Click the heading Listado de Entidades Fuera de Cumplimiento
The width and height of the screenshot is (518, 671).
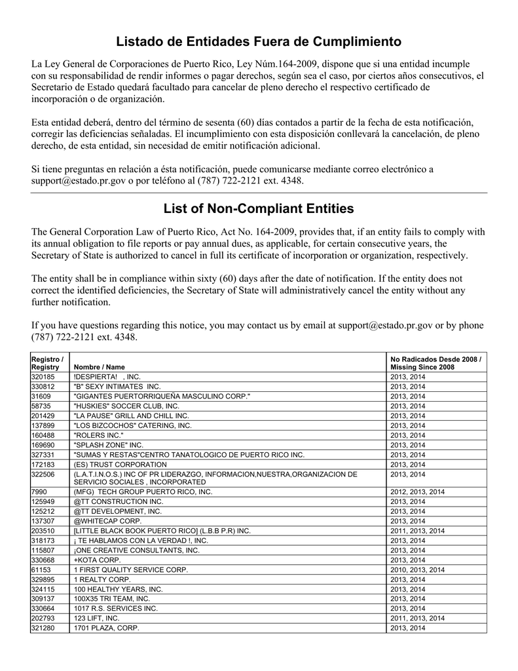(x=259, y=42)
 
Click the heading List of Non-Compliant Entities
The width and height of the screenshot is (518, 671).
(x=259, y=208)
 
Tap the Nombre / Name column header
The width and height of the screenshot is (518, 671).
(x=99, y=367)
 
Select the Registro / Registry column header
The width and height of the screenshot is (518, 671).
(x=47, y=363)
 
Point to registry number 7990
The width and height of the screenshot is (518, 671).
(x=38, y=491)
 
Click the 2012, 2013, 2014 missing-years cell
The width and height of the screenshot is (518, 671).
(x=417, y=491)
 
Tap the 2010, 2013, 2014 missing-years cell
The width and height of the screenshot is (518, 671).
(x=417, y=570)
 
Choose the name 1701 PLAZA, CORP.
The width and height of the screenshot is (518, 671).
(x=107, y=628)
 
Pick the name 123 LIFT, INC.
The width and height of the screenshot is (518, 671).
(x=97, y=618)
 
